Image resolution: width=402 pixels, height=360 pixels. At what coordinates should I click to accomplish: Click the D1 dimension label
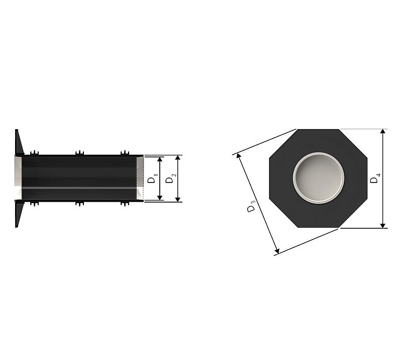[153, 178]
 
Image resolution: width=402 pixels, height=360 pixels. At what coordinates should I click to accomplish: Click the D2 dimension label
[171, 178]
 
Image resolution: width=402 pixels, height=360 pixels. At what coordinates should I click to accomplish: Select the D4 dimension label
[375, 178]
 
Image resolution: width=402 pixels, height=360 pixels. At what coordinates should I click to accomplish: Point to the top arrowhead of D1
[160, 159]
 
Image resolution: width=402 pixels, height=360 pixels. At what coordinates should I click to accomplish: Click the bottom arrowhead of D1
[160, 198]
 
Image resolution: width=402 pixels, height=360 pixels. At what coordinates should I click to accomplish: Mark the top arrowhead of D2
[178, 157]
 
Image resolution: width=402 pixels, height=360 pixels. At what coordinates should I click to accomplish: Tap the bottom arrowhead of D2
[178, 200]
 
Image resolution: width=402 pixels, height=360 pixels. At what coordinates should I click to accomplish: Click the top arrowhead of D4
[383, 131]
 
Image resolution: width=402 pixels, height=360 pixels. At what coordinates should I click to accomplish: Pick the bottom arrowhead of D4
[383, 226]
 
